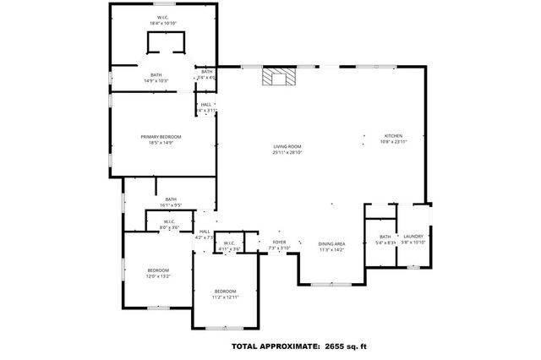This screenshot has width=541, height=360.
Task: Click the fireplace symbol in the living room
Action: click(x=277, y=79)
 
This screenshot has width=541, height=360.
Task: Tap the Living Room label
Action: click(x=287, y=147)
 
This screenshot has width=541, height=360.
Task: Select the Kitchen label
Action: click(x=394, y=136)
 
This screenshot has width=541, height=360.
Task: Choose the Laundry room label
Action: click(x=413, y=237)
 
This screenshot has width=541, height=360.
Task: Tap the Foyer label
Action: click(x=278, y=243)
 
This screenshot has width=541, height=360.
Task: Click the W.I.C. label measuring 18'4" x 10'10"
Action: click(x=163, y=17)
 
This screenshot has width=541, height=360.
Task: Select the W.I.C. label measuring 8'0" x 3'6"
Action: click(x=169, y=222)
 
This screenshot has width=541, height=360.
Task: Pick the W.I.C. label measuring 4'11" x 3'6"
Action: click(x=229, y=244)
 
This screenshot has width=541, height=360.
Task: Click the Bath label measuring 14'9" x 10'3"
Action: click(x=156, y=75)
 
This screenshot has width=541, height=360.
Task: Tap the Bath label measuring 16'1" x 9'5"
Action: click(x=171, y=199)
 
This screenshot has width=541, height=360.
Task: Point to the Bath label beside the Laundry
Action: click(x=385, y=237)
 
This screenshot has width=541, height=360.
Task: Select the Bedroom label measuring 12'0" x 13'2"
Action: click(x=159, y=270)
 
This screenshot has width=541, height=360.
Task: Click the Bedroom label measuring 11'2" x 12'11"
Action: click(x=225, y=292)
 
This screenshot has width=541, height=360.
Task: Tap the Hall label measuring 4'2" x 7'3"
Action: click(x=205, y=232)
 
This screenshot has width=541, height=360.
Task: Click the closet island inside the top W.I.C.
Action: click(x=166, y=44)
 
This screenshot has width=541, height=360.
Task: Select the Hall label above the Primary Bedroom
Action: click(x=206, y=105)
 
